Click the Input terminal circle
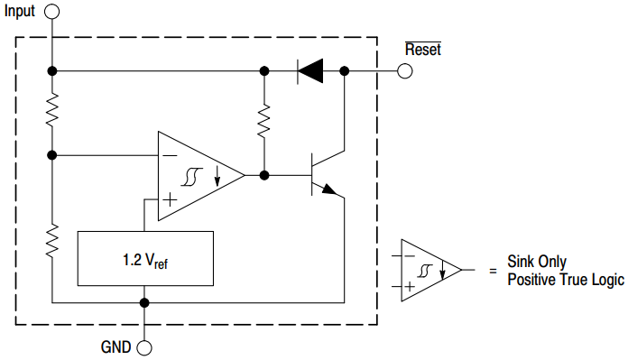pos(53,12)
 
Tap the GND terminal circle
pos(143,346)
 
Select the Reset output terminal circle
pos(405,70)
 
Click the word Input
pos(22,12)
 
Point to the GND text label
pos(115,346)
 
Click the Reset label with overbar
pos(422,50)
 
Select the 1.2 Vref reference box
pos(146,259)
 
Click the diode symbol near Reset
pos(310,70)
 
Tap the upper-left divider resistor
pos(53,110)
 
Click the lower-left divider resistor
pos(53,239)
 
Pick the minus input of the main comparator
pos(169,156)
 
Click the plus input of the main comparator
pos(169,198)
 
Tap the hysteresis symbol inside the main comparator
pos(191,177)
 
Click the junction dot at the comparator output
pos(264,175)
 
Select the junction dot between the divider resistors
pos(53,155)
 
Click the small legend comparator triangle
pos(429,270)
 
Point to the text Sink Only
pos(538,261)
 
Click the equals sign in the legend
pos(492,271)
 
